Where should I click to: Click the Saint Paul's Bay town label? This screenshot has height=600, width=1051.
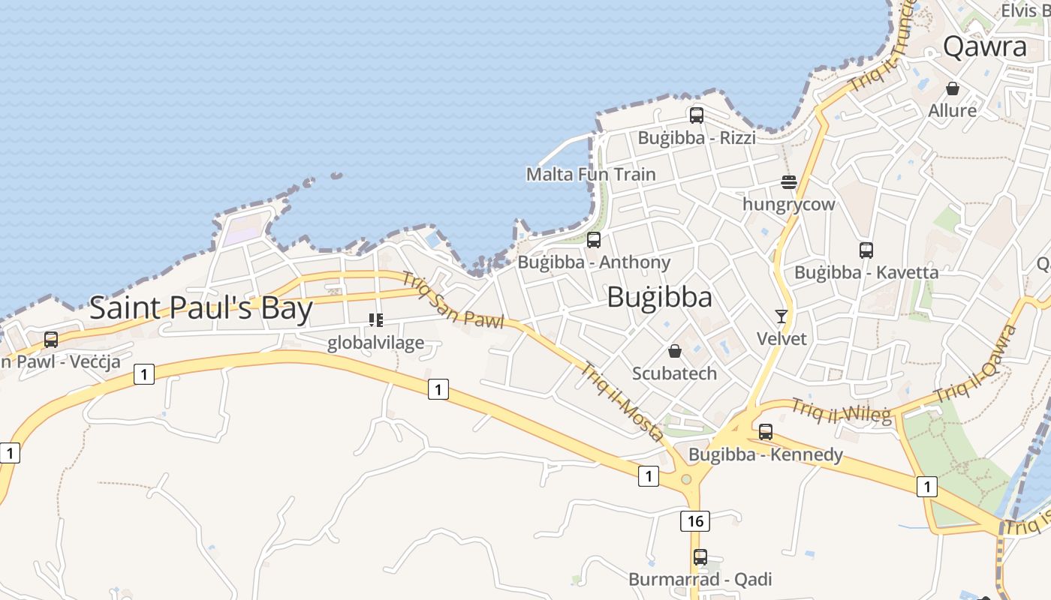tap(200, 308)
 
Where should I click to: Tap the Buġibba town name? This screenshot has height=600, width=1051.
tap(659, 297)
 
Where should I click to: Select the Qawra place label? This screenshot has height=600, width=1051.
tap(984, 46)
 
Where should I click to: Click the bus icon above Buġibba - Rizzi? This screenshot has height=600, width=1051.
tap(697, 115)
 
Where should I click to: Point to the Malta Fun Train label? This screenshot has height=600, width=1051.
tap(590, 174)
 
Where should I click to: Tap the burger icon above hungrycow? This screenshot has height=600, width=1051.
tap(788, 182)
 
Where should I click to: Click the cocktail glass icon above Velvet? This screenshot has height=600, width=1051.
tap(781, 316)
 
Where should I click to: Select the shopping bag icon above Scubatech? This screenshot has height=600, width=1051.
tap(674, 351)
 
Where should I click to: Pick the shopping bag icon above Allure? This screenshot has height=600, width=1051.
tap(953, 88)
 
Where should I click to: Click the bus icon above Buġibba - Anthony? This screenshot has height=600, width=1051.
tap(594, 240)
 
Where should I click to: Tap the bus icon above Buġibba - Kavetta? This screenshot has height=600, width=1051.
tap(866, 250)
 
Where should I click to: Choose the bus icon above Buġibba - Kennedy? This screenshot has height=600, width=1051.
tap(766, 432)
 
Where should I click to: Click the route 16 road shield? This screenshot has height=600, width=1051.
tap(695, 520)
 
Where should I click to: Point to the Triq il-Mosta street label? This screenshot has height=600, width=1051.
tap(622, 402)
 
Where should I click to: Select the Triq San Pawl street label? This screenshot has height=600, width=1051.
tap(452, 300)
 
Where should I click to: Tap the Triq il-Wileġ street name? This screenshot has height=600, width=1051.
tap(841, 411)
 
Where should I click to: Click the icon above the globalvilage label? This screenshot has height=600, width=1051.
tap(376, 321)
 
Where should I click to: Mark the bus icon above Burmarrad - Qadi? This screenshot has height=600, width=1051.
tap(700, 557)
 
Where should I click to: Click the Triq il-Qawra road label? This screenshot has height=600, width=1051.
tap(975, 364)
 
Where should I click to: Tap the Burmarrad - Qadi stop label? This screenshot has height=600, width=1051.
tap(700, 579)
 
